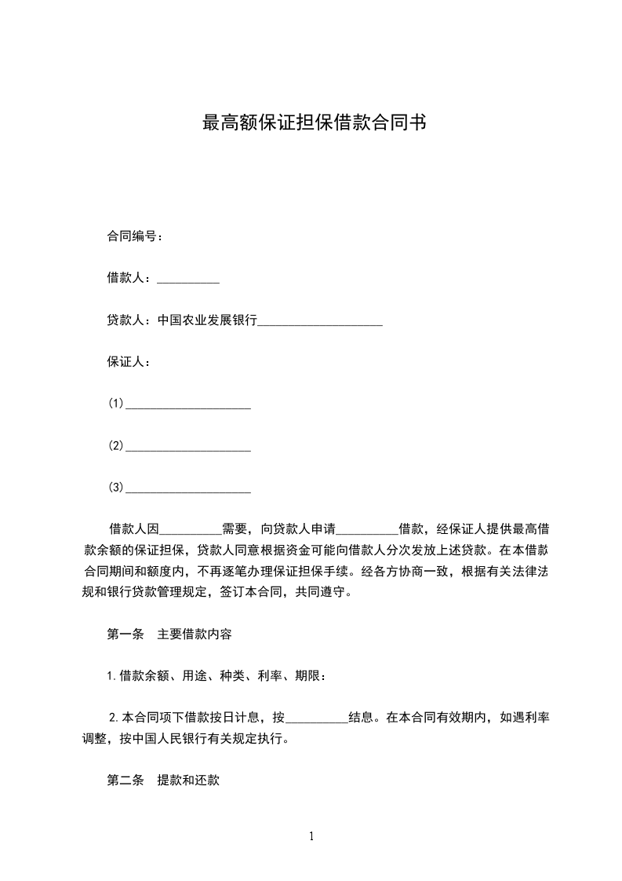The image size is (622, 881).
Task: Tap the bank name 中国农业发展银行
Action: point(207,320)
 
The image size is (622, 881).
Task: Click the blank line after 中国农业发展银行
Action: point(320,322)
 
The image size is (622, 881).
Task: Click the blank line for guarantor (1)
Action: point(188,406)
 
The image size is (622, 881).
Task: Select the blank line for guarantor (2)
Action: point(188,448)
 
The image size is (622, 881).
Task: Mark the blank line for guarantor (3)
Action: point(188,491)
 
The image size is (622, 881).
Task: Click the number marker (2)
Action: point(116,446)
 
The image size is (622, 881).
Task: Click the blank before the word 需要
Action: point(191,530)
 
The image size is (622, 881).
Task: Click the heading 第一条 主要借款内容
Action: point(169,634)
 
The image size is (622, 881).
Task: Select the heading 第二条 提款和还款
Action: point(162,781)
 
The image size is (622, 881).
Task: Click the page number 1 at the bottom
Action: point(311,836)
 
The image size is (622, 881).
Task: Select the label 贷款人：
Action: point(129,320)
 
